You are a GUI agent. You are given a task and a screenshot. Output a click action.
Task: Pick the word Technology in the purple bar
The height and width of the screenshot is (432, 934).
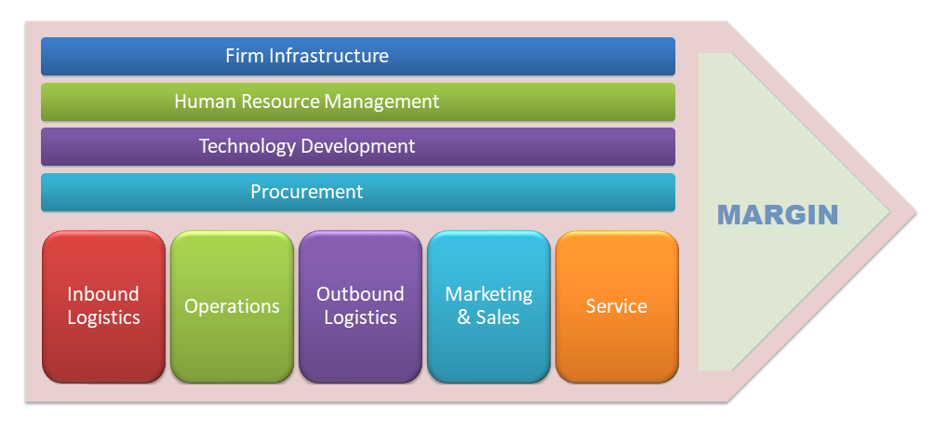point(247,146)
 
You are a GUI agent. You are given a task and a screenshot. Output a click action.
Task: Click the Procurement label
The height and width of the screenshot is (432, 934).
point(307,192)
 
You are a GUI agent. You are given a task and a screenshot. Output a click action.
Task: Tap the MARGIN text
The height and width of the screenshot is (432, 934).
point(778,215)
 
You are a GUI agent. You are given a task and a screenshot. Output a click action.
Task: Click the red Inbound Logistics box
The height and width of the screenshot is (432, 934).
point(103,306)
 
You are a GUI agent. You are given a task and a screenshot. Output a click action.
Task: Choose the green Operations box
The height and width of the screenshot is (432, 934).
point(232,306)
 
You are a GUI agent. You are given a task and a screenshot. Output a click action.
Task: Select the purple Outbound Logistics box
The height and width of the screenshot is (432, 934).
point(360,306)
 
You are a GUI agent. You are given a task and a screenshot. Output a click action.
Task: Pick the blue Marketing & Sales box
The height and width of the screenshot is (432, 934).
point(489,306)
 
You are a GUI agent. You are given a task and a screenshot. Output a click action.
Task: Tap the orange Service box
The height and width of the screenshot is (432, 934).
point(617,306)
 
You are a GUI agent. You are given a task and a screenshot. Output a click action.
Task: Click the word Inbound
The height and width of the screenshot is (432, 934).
point(103,294)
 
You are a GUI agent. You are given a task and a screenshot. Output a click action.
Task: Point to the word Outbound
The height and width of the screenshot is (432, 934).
point(360,294)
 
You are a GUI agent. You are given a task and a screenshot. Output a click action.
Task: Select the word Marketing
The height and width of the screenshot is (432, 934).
point(489,295)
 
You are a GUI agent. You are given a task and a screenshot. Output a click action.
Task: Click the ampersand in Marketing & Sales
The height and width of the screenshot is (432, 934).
point(464,317)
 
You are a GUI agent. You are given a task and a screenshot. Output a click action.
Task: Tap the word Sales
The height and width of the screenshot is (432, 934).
point(498,317)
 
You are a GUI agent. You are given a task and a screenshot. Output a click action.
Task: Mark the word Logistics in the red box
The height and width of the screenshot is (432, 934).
point(103,318)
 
